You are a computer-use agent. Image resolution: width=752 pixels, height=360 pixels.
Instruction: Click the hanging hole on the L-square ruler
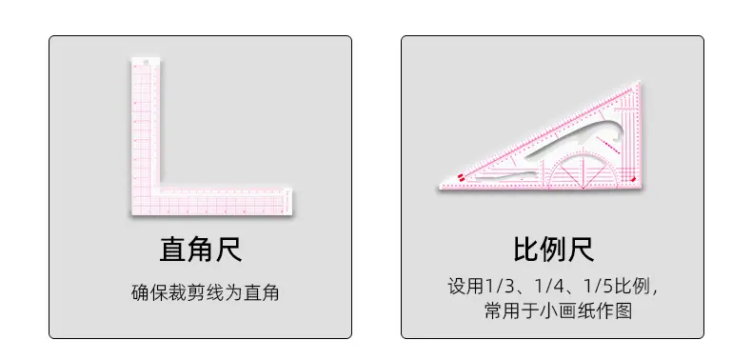(146, 61)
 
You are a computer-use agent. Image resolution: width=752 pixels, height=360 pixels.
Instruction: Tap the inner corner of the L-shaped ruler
(159, 188)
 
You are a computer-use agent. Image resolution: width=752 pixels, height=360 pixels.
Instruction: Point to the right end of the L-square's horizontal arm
(291, 202)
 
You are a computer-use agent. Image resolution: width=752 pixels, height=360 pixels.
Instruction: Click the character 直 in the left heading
(172, 250)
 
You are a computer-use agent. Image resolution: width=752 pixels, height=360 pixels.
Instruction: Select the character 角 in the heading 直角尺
(201, 250)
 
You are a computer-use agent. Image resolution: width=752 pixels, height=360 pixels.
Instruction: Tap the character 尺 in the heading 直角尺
(228, 250)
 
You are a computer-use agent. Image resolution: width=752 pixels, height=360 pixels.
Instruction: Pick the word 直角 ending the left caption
(262, 292)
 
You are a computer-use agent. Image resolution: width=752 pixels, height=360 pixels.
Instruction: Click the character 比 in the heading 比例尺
(526, 250)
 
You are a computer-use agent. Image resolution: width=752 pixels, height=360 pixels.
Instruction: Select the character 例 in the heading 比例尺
(554, 250)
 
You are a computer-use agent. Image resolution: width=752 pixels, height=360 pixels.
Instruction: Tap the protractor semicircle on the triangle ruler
(583, 163)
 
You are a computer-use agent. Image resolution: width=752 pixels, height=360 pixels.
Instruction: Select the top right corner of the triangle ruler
(639, 83)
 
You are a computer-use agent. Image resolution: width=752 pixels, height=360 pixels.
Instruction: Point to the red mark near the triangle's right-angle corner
(633, 179)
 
